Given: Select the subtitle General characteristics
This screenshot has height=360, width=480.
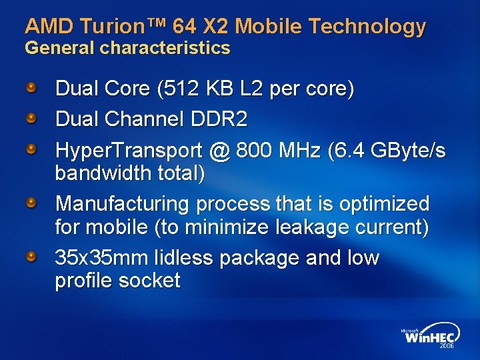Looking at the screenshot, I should click(127, 48).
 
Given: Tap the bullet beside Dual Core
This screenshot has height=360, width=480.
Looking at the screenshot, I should click(31, 87).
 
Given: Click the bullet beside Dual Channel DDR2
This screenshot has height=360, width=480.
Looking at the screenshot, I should click(31, 119).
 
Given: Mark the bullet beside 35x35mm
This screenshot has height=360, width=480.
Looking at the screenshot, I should click(31, 256).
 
